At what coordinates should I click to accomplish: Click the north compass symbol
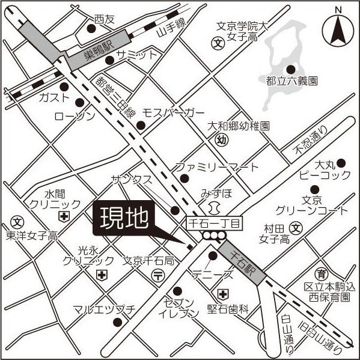(338, 28)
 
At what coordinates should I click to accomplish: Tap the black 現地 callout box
(124, 219)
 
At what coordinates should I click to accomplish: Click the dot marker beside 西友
(91, 28)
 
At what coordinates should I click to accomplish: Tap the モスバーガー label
(173, 113)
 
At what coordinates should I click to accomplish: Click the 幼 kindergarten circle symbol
(220, 140)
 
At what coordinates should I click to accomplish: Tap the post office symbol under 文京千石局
(157, 275)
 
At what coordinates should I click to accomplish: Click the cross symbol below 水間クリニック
(63, 215)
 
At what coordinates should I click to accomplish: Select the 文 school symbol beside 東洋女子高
(17, 221)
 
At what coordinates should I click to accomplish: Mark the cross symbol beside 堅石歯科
(223, 294)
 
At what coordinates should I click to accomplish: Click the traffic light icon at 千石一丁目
(210, 237)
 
